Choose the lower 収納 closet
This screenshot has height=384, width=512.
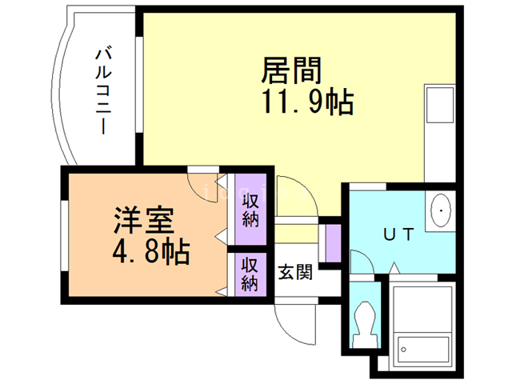coord(250,273)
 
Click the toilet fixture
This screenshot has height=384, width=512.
coord(364,324)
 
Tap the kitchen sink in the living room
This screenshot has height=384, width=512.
coord(438,104)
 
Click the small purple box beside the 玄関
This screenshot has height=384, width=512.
coord(334,239)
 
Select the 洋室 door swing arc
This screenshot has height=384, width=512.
coord(201,183)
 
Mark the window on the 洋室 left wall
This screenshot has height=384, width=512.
coord(63,231)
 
